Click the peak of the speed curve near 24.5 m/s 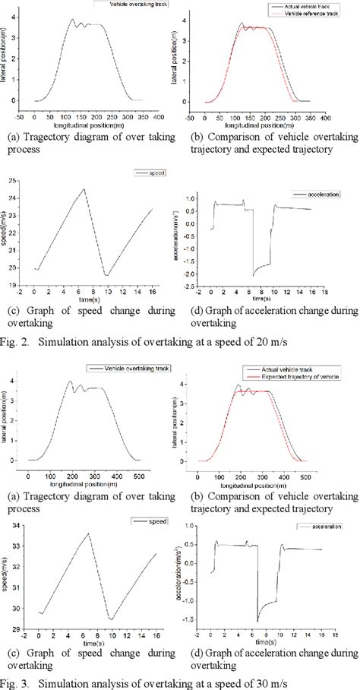pyautogui.click(x=84, y=189)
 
